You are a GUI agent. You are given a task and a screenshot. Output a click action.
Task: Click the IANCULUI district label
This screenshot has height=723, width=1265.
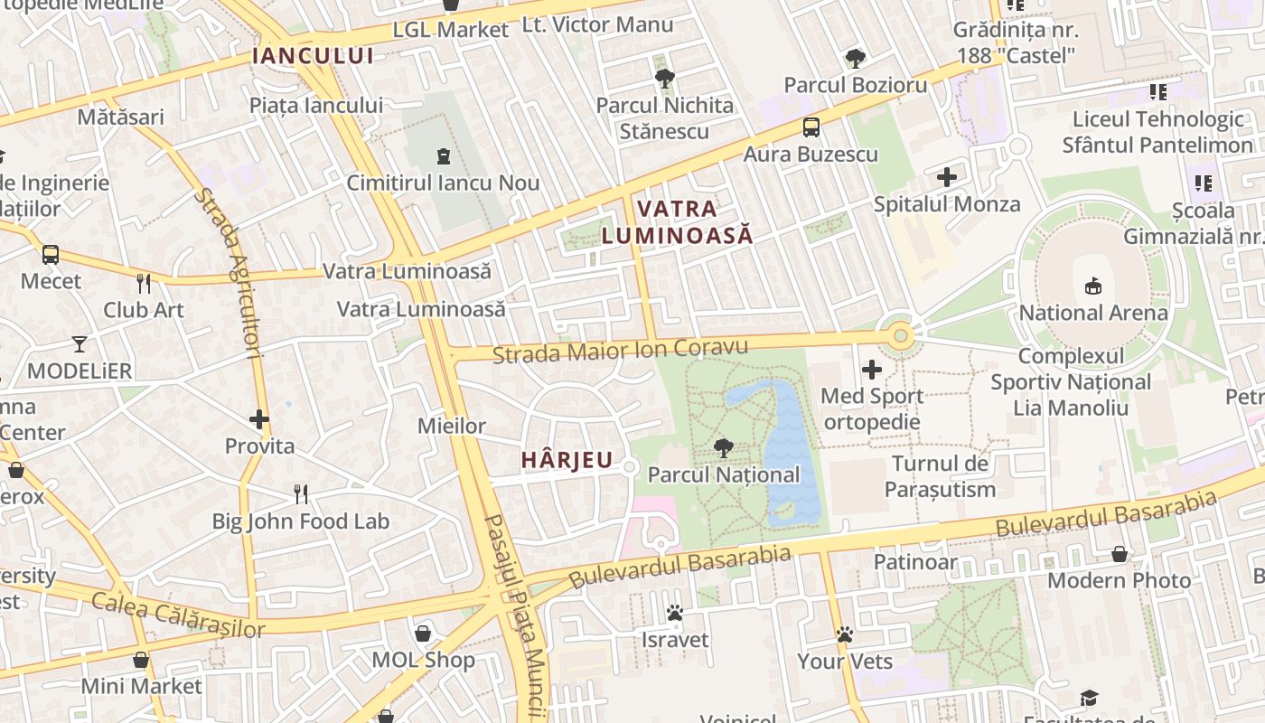[313, 56]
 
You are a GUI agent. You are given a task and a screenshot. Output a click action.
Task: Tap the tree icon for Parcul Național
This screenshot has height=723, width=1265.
[723, 447]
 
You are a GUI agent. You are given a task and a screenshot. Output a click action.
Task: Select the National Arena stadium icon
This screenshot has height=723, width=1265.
[1093, 286]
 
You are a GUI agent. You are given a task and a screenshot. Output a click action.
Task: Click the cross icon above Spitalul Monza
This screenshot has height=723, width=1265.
[946, 177]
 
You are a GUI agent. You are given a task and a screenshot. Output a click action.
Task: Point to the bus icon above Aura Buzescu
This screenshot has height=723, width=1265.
[811, 127]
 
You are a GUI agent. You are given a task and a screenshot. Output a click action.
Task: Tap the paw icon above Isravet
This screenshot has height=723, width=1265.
[674, 613]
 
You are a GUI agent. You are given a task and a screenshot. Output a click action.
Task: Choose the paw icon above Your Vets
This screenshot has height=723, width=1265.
[845, 634]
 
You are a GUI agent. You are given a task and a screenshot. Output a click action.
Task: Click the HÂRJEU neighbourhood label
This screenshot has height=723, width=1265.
[567, 460]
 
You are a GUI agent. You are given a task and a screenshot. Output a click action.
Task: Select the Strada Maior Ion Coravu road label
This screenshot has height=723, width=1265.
[620, 351]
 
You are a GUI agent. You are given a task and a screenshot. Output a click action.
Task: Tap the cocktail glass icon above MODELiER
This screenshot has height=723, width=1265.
[80, 344]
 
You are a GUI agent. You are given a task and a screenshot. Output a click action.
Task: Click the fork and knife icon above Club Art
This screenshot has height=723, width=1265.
[144, 284]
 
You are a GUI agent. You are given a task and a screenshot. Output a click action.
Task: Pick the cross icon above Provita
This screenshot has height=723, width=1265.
[259, 419]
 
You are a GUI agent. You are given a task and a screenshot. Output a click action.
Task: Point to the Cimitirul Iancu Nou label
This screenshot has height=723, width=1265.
[443, 183]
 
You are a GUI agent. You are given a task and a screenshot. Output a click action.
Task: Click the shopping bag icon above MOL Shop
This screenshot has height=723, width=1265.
[423, 633]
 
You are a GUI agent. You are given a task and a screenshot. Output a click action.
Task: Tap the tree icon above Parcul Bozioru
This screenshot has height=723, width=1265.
[855, 60]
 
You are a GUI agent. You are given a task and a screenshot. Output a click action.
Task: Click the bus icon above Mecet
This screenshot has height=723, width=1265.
[51, 255]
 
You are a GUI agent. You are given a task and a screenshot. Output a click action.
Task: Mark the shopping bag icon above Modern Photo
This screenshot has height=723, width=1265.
[1120, 554]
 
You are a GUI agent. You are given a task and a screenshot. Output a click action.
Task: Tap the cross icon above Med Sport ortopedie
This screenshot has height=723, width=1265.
[872, 369]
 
